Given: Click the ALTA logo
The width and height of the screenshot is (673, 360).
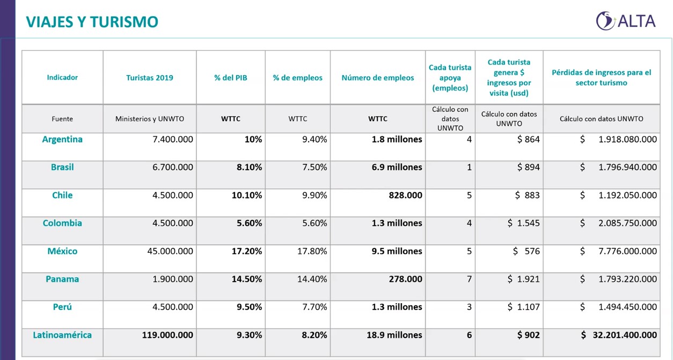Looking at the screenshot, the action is [x=626, y=21].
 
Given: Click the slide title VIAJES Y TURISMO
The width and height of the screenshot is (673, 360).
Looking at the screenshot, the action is [x=92, y=22].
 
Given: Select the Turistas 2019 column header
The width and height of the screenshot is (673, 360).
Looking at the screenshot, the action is [x=150, y=78].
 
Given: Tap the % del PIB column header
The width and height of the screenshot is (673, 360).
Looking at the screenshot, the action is [x=231, y=78].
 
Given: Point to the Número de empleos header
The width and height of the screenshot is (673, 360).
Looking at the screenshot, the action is [x=378, y=78].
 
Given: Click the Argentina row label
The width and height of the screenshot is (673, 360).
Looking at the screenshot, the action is [x=62, y=139].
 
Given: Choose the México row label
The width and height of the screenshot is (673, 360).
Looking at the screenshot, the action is [x=62, y=251].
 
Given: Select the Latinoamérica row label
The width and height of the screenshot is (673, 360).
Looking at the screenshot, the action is [x=62, y=335].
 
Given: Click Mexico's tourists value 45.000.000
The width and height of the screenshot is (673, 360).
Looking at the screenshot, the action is [x=170, y=251].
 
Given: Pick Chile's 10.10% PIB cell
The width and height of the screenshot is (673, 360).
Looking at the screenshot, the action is [x=247, y=195].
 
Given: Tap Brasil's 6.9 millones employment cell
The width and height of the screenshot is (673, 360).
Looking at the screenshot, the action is [x=397, y=167].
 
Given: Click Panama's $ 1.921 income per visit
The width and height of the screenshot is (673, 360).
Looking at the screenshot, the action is [x=523, y=279].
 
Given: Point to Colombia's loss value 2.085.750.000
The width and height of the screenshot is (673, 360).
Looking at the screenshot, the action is [x=618, y=223].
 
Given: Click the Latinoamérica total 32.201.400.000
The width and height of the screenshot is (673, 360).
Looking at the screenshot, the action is [x=619, y=335].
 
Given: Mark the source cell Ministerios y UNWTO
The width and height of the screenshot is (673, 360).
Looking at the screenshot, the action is [x=150, y=119].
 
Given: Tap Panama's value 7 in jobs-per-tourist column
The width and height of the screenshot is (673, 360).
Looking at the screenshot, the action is [x=469, y=279].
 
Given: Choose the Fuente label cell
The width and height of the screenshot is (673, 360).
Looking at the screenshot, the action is [x=62, y=119].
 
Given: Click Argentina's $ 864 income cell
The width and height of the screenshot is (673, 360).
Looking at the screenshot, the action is [x=528, y=139].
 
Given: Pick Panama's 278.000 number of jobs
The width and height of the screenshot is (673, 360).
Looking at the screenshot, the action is [x=405, y=279].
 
